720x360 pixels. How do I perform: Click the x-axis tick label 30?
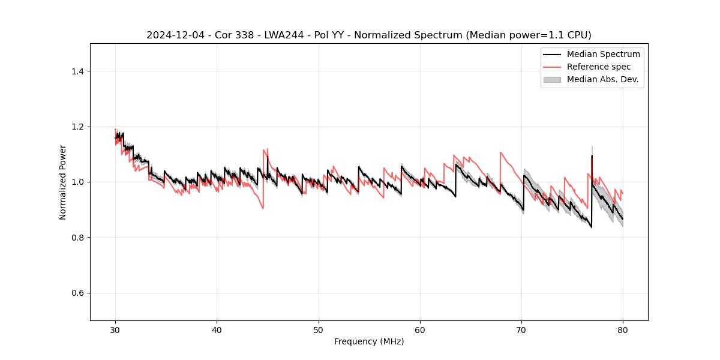pyautogui.click(x=115, y=329)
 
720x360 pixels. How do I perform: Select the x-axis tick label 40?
pyautogui.click(x=217, y=329)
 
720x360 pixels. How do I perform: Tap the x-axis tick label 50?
pyautogui.click(x=319, y=329)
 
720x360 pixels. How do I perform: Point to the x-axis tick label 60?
pyautogui.click(x=420, y=329)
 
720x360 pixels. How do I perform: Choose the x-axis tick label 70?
pyautogui.click(x=521, y=329)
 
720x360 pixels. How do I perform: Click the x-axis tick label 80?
pyautogui.click(x=623, y=329)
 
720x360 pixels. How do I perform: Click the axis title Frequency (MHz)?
pyautogui.click(x=369, y=341)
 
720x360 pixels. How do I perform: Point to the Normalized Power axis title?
pyautogui.click(x=63, y=182)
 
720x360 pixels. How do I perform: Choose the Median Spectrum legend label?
pyautogui.click(x=603, y=55)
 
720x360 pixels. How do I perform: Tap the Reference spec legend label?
pyautogui.click(x=599, y=67)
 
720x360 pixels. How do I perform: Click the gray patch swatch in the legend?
pyautogui.click(x=552, y=79)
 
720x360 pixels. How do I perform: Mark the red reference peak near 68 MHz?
pyautogui.click(x=500, y=153)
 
